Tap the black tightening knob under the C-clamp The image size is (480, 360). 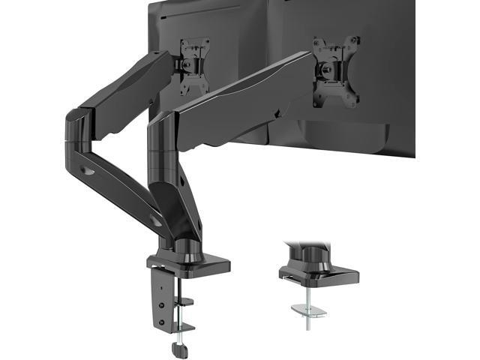tap(179, 349)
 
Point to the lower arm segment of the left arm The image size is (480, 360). tap(120, 180)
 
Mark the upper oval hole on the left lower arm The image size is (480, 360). tap(89, 171)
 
